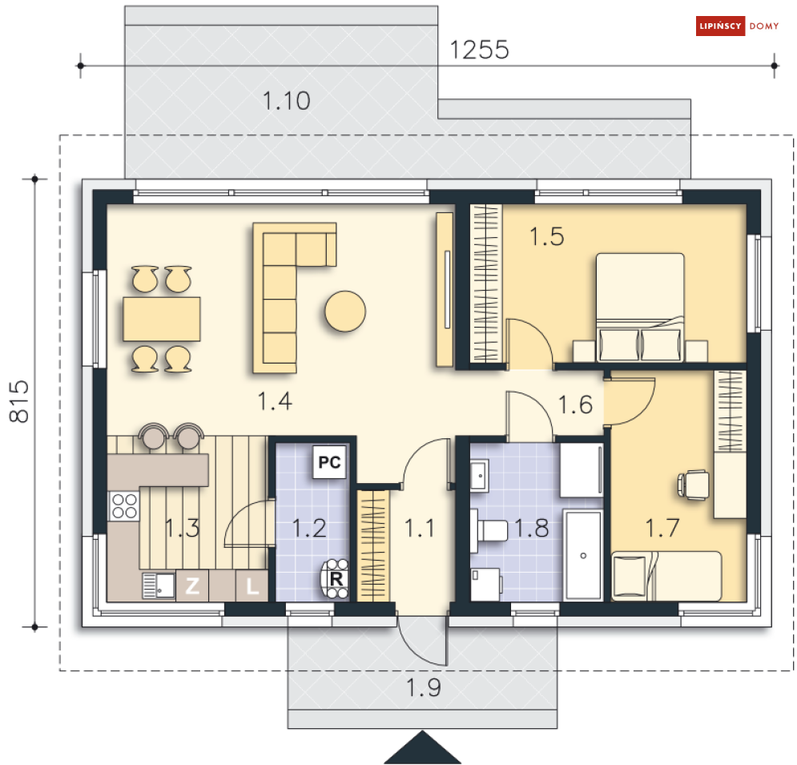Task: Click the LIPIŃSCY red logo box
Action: [x=720, y=26]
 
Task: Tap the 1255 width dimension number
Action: [x=479, y=50]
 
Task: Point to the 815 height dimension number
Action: [x=19, y=401]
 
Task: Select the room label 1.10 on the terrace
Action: [x=286, y=101]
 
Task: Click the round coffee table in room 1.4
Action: [x=345, y=311]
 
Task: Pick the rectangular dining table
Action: [x=162, y=319]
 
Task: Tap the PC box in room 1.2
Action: [x=329, y=462]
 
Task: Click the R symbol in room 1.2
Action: [x=336, y=578]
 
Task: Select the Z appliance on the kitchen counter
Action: [x=192, y=586]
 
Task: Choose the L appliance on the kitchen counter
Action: [x=252, y=586]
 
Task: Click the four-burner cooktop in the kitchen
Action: [x=124, y=505]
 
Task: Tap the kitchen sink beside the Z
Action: [x=159, y=586]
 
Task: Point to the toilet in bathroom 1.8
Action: [x=489, y=530]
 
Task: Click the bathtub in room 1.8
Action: [x=583, y=555]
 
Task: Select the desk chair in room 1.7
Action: [x=694, y=485]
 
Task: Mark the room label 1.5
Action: [x=547, y=237]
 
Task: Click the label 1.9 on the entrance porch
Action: [x=424, y=688]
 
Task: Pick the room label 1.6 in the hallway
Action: [x=575, y=405]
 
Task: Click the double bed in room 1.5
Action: [x=640, y=308]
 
